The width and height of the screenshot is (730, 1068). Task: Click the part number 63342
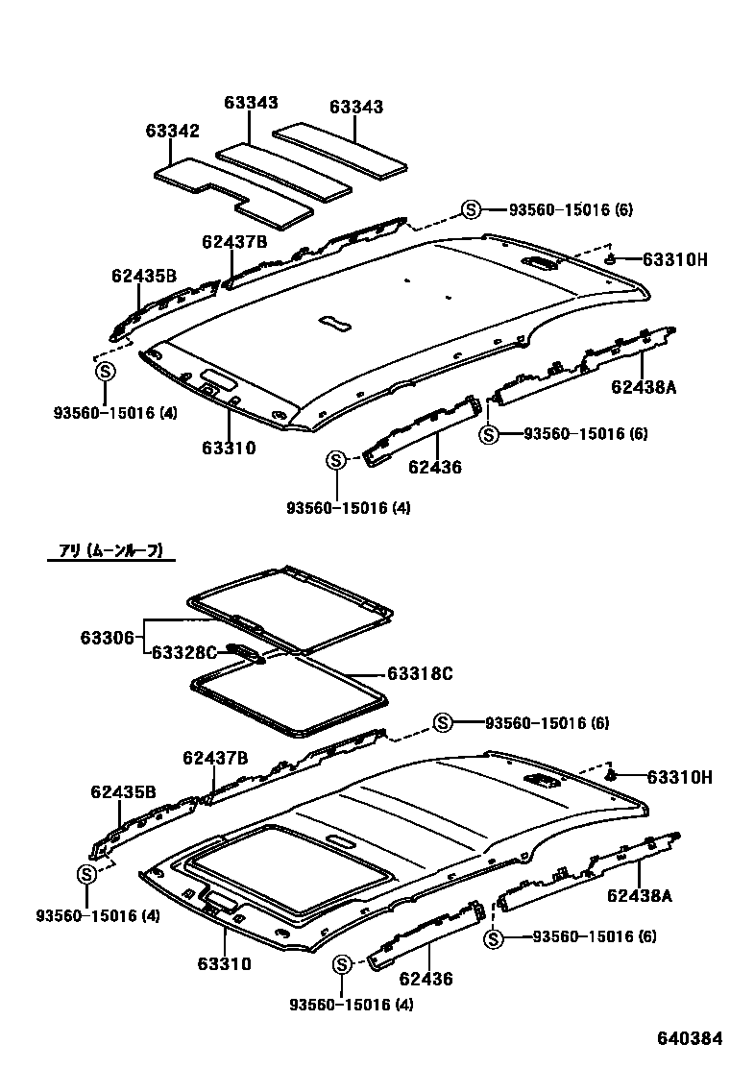tap(173, 132)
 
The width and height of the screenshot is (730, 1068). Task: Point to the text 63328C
tap(186, 653)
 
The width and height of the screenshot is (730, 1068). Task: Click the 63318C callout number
tap(420, 674)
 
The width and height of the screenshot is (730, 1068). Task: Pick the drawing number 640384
tap(689, 1039)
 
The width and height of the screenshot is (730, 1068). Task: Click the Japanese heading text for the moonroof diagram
tap(111, 551)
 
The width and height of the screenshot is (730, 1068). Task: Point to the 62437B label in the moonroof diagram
tap(216, 759)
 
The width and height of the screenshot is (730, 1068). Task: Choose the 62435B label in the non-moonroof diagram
tap(144, 276)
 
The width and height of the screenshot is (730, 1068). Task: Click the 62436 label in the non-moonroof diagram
tap(435, 468)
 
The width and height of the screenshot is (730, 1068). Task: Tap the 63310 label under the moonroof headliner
tap(225, 963)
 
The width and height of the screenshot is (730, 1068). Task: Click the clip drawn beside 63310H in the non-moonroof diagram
tap(610, 257)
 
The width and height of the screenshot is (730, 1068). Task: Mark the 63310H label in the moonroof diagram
tap(679, 777)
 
